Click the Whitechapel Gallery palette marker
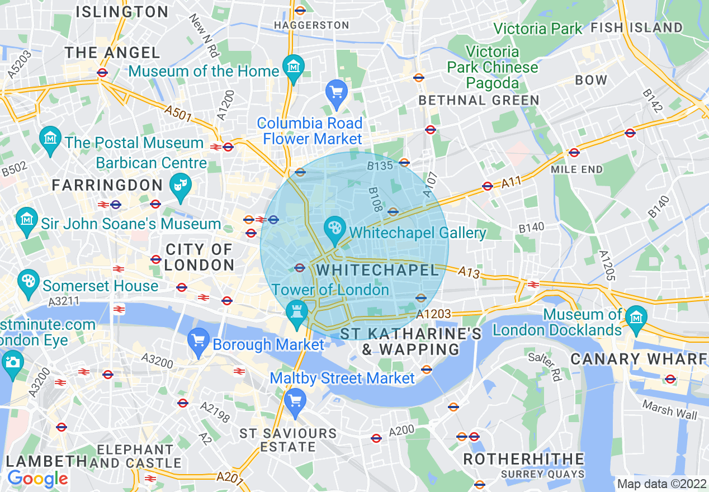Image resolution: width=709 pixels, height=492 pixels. [335, 229]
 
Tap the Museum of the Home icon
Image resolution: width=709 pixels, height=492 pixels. [293, 67]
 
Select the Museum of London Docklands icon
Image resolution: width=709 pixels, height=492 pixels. [636, 317]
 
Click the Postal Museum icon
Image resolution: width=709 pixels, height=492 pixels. [50, 138]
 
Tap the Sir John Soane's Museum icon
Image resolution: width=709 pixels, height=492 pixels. [27, 219]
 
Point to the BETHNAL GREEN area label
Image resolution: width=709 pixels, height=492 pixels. [479, 101]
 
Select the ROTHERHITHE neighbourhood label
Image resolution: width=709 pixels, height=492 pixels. [523, 460]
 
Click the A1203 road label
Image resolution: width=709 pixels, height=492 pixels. [433, 314]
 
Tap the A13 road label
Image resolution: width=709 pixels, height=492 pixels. [470, 272]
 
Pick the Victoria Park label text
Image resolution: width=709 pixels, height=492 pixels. [537, 29]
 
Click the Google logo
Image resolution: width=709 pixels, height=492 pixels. [37, 479]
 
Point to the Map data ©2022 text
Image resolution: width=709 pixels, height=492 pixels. [661, 484]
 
